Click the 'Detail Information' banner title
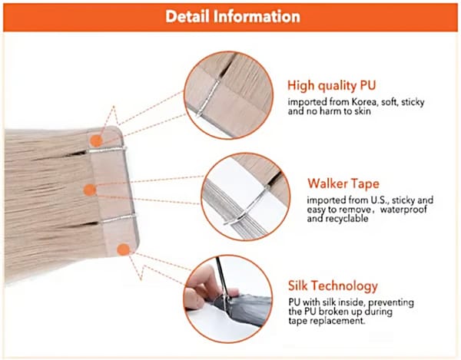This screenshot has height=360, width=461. click(233, 16)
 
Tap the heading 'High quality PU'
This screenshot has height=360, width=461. click(331, 85)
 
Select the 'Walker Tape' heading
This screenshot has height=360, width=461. click(343, 183)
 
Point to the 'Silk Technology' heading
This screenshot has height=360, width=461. click(333, 286)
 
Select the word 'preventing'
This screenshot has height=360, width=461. click(391, 302)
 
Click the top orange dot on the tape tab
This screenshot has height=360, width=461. click(96, 141)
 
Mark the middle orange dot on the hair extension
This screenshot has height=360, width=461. click(90, 190)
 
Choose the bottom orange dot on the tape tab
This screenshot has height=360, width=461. click(123, 250)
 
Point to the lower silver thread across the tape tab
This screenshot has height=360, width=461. click(118, 218)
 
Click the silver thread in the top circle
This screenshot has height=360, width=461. click(208, 97)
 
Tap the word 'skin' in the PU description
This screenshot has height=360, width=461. click(363, 111)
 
